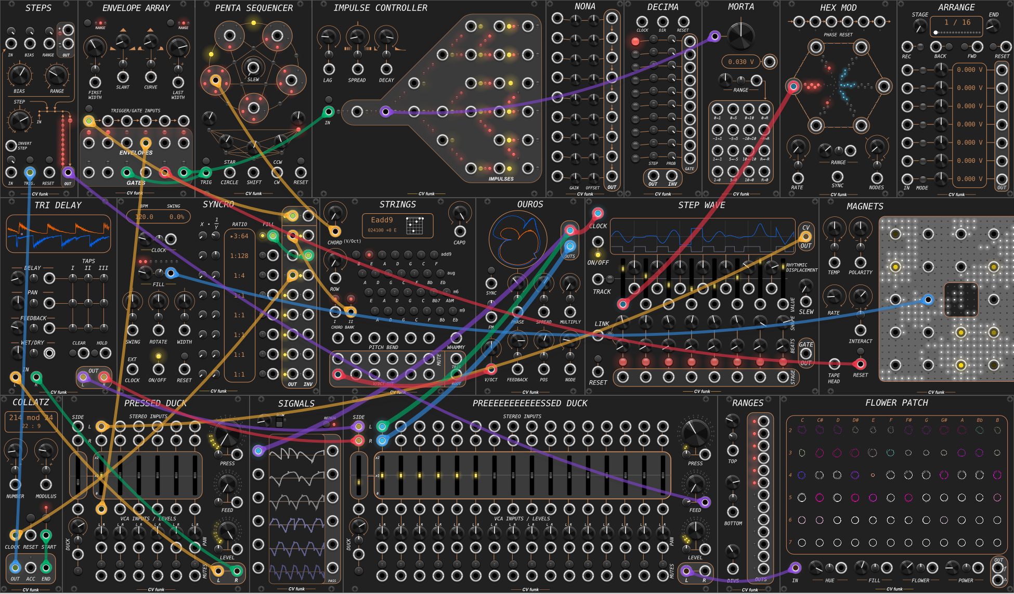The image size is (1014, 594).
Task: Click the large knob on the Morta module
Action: (x=741, y=35)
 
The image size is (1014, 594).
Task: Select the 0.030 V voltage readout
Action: (x=737, y=62)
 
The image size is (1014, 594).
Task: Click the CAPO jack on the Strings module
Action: (x=460, y=231)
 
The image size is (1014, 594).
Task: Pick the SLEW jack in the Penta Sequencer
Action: (x=253, y=68)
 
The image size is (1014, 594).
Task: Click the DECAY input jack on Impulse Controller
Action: (x=386, y=69)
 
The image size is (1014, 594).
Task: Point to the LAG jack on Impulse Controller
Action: (x=328, y=69)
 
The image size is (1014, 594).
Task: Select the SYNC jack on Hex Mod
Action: (x=838, y=176)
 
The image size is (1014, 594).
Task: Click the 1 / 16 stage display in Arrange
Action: (x=957, y=23)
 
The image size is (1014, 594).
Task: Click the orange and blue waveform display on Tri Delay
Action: (x=58, y=234)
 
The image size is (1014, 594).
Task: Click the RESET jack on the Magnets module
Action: (x=861, y=364)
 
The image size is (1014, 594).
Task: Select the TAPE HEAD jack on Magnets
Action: (x=834, y=364)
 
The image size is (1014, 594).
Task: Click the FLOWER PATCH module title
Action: (x=896, y=403)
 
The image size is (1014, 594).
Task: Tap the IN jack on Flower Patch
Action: (x=795, y=568)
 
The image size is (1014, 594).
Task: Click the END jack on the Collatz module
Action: (x=46, y=567)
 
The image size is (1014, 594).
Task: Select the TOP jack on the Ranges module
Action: (x=733, y=450)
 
